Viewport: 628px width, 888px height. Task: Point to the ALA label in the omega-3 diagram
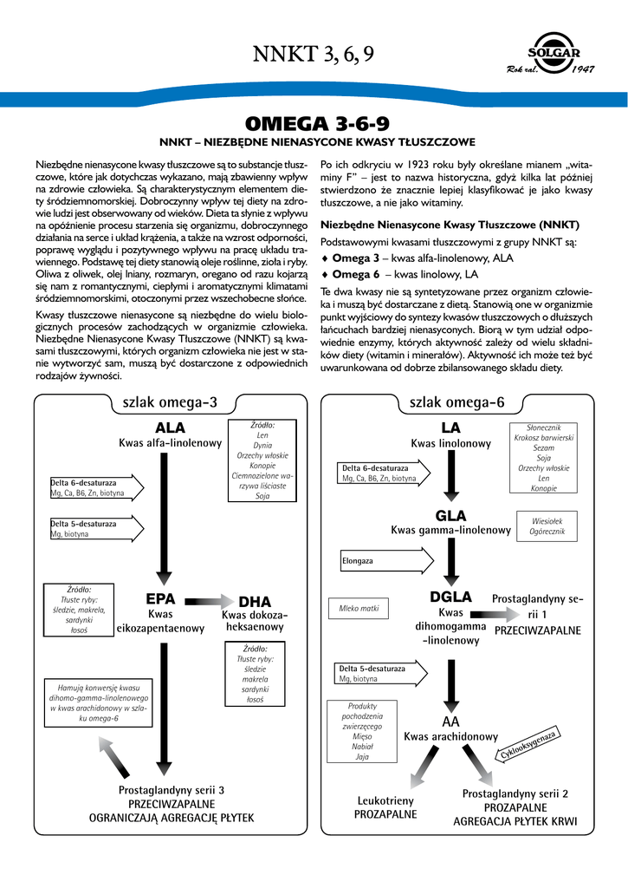pyautogui.click(x=171, y=428)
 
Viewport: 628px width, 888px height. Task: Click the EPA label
pyautogui.click(x=160, y=598)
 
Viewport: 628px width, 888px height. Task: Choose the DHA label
pyautogui.click(x=255, y=602)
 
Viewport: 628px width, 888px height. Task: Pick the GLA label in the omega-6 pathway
pyautogui.click(x=450, y=516)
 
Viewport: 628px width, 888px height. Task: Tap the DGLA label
pyautogui.click(x=450, y=597)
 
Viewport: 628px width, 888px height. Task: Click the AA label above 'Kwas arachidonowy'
pyautogui.click(x=450, y=721)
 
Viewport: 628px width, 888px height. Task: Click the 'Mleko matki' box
pyautogui.click(x=359, y=609)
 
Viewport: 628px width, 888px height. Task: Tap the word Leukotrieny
pyautogui.click(x=385, y=800)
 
